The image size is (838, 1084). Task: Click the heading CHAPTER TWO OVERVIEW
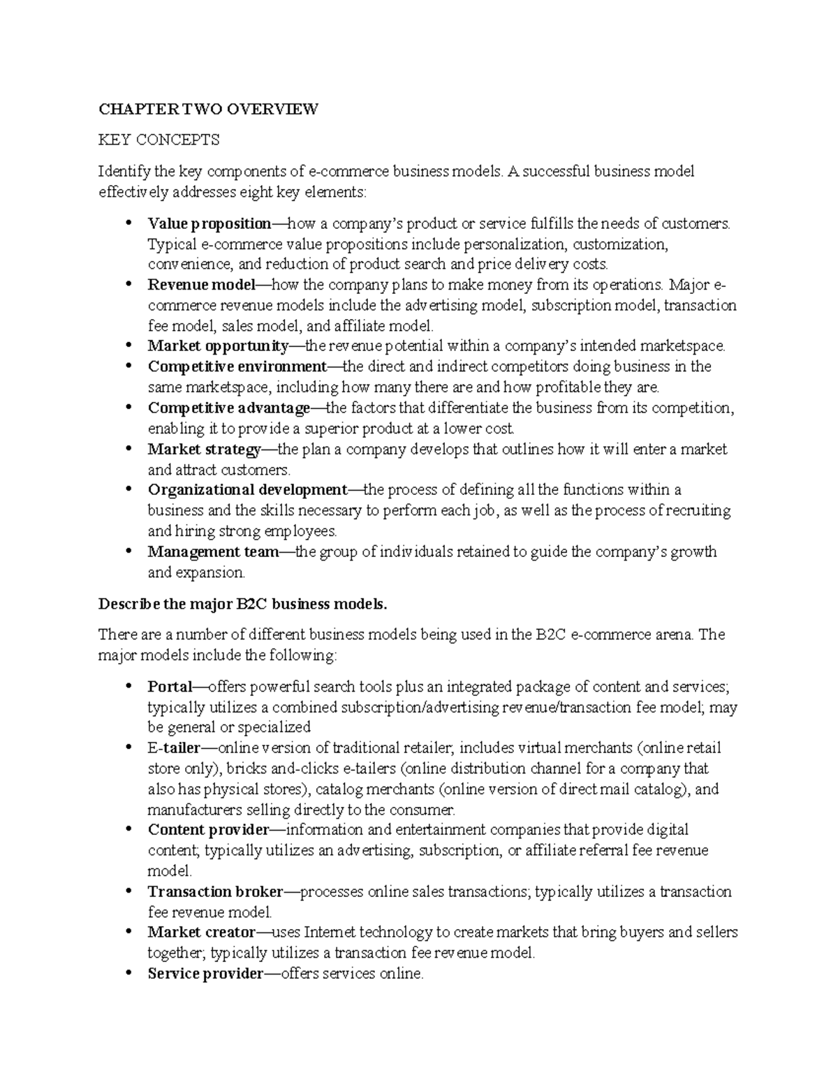point(208,110)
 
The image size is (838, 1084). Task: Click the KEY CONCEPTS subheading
point(159,140)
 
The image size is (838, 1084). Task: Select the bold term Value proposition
point(209,224)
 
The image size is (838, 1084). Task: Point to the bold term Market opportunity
point(218,346)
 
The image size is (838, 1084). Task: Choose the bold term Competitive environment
point(237,366)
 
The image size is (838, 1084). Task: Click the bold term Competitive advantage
point(228,408)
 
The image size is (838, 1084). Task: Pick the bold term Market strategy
point(205,450)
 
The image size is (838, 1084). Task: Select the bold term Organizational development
point(247,490)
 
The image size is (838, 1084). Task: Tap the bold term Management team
point(213,552)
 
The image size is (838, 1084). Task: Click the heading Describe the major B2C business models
point(242,604)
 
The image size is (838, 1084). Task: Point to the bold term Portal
point(170,687)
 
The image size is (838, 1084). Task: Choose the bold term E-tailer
point(174,748)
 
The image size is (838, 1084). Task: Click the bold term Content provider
point(208,830)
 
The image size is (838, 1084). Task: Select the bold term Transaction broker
point(215,892)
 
